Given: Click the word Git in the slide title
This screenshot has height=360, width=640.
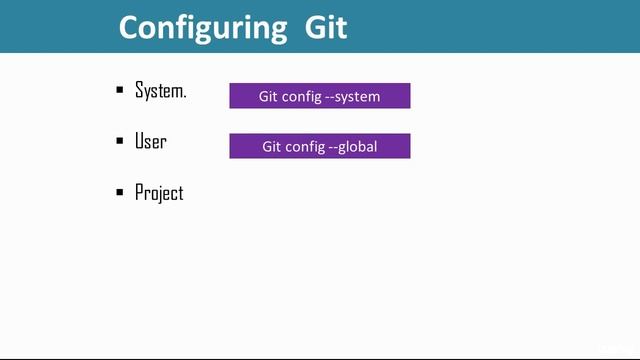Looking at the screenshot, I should pyautogui.click(x=325, y=26).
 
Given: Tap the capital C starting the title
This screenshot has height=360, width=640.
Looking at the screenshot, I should pyautogui.click(x=130, y=27).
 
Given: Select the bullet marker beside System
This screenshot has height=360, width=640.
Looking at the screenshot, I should pyautogui.click(x=120, y=91).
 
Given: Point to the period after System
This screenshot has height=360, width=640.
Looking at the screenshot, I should pyautogui.click(x=185, y=96).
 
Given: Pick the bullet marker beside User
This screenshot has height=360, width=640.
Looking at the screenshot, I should pyautogui.click(x=120, y=142).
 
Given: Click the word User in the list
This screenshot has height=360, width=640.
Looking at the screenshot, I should pyautogui.click(x=151, y=142).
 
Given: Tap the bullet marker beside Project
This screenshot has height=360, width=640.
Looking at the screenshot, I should pyautogui.click(x=120, y=193).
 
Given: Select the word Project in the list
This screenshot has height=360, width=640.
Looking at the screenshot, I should pyautogui.click(x=160, y=193).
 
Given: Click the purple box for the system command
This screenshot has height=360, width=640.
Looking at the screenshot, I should pyautogui.click(x=320, y=95).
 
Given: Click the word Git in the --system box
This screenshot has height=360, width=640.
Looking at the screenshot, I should pyautogui.click(x=270, y=96).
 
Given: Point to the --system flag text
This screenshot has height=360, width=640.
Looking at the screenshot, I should pyautogui.click(x=353, y=97).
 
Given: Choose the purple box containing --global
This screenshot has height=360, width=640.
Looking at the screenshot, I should pyautogui.click(x=320, y=146).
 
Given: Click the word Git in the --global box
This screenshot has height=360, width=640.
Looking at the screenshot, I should pyautogui.click(x=273, y=146).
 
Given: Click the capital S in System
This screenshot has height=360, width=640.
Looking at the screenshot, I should pyautogui.click(x=139, y=91).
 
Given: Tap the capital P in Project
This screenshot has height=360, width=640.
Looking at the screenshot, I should pyautogui.click(x=139, y=192).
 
